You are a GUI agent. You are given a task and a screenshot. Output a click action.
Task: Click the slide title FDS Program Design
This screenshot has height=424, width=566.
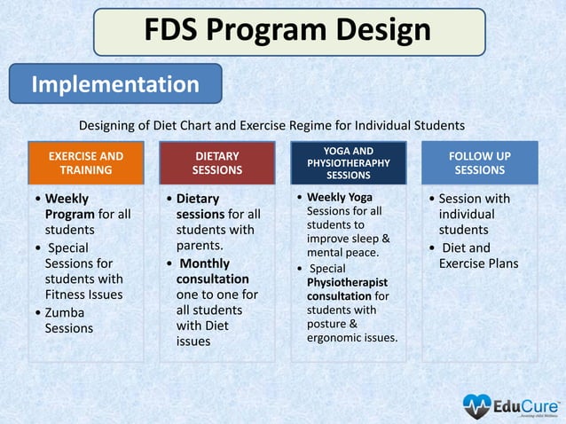click(x=288, y=32)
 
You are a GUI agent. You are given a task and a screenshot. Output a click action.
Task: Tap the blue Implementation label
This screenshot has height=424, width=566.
click(x=115, y=84)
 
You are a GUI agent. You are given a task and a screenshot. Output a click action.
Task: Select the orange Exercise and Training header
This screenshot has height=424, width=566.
click(x=86, y=162)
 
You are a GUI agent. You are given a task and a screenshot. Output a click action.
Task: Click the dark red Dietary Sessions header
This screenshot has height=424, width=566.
click(x=216, y=162)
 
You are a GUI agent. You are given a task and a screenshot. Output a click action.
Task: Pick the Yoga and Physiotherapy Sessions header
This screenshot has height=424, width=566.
click(x=348, y=162)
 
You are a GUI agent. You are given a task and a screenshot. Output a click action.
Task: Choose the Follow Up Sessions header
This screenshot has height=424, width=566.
click(x=479, y=162)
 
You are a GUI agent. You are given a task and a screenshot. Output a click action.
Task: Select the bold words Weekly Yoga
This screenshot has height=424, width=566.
click(x=340, y=197)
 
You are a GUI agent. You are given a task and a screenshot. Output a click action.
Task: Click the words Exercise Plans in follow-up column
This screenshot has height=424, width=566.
click(x=478, y=263)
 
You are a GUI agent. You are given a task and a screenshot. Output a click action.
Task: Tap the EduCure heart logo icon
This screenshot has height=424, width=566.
click(x=476, y=406)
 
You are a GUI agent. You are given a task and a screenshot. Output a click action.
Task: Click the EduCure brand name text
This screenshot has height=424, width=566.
click(x=522, y=404)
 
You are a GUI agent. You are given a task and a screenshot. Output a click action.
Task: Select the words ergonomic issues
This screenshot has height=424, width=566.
click(x=352, y=337)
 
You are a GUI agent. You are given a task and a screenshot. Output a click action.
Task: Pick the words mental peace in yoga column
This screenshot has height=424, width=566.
click(x=342, y=253)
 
